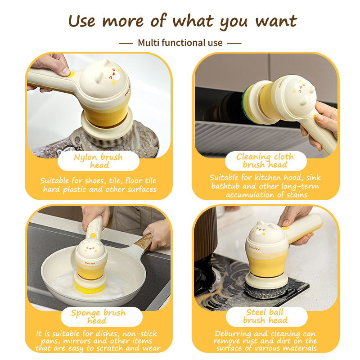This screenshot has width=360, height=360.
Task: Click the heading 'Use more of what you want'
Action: [x=182, y=21]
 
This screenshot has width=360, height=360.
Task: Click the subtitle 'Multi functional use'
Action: [x=180, y=43]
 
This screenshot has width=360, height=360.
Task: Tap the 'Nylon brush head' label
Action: [x=98, y=161]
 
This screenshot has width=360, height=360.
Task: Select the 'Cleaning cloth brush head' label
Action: [x=265, y=161]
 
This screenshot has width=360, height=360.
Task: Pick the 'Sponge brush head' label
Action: [x=98, y=316]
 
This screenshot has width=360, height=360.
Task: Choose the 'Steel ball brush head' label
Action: [x=265, y=316]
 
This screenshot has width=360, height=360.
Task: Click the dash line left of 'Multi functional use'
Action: [x=126, y=43]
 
